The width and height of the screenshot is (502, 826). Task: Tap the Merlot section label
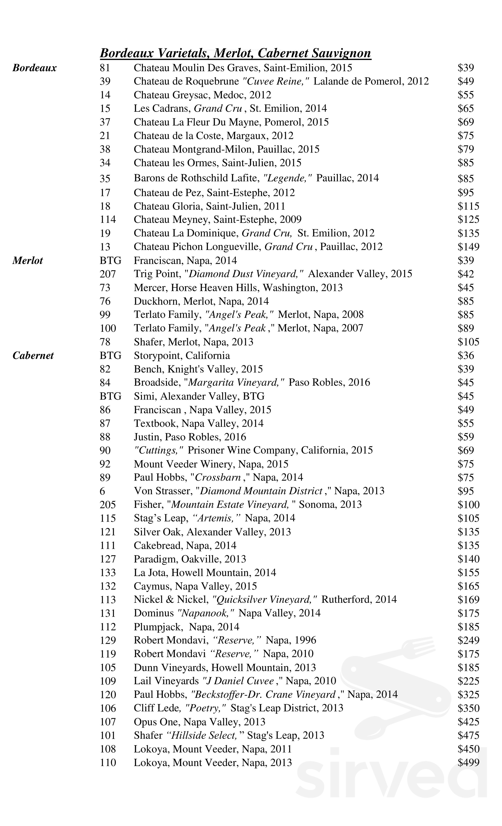tap(28, 261)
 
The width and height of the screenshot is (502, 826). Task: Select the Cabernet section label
tap(33, 355)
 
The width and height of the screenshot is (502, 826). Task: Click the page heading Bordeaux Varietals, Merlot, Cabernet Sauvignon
tap(235, 53)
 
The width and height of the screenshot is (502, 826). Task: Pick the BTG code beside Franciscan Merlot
tap(110, 261)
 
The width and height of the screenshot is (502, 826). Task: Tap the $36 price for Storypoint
tap(466, 355)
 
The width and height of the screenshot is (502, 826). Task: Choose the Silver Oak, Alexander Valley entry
tap(212, 532)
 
